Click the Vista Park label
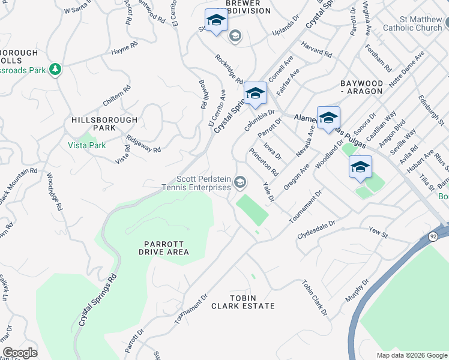[88, 146]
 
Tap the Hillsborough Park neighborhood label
[104, 124]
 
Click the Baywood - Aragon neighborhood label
[361, 86]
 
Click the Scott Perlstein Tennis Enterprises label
[203, 183]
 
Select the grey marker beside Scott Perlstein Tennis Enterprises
[240, 182]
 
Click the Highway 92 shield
[433, 237]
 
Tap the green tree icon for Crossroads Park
[55, 70]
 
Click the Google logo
[20, 353]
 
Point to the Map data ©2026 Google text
[411, 355]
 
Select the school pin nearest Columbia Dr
[255, 93]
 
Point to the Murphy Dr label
[357, 290]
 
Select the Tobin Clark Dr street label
[315, 298]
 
